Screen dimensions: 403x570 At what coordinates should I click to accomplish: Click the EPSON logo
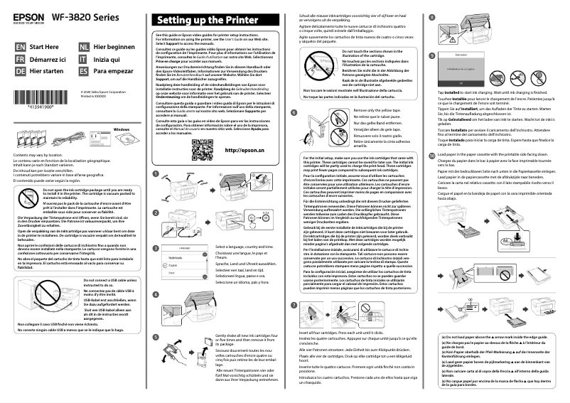tap(25, 13)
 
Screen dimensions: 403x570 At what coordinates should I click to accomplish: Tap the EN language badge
tap(19, 47)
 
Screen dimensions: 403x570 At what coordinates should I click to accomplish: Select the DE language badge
tap(19, 71)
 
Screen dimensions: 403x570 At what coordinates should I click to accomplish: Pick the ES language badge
tap(83, 71)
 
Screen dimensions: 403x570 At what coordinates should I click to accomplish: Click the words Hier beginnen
tap(114, 47)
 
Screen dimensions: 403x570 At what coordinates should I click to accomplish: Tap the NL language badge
tap(83, 47)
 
